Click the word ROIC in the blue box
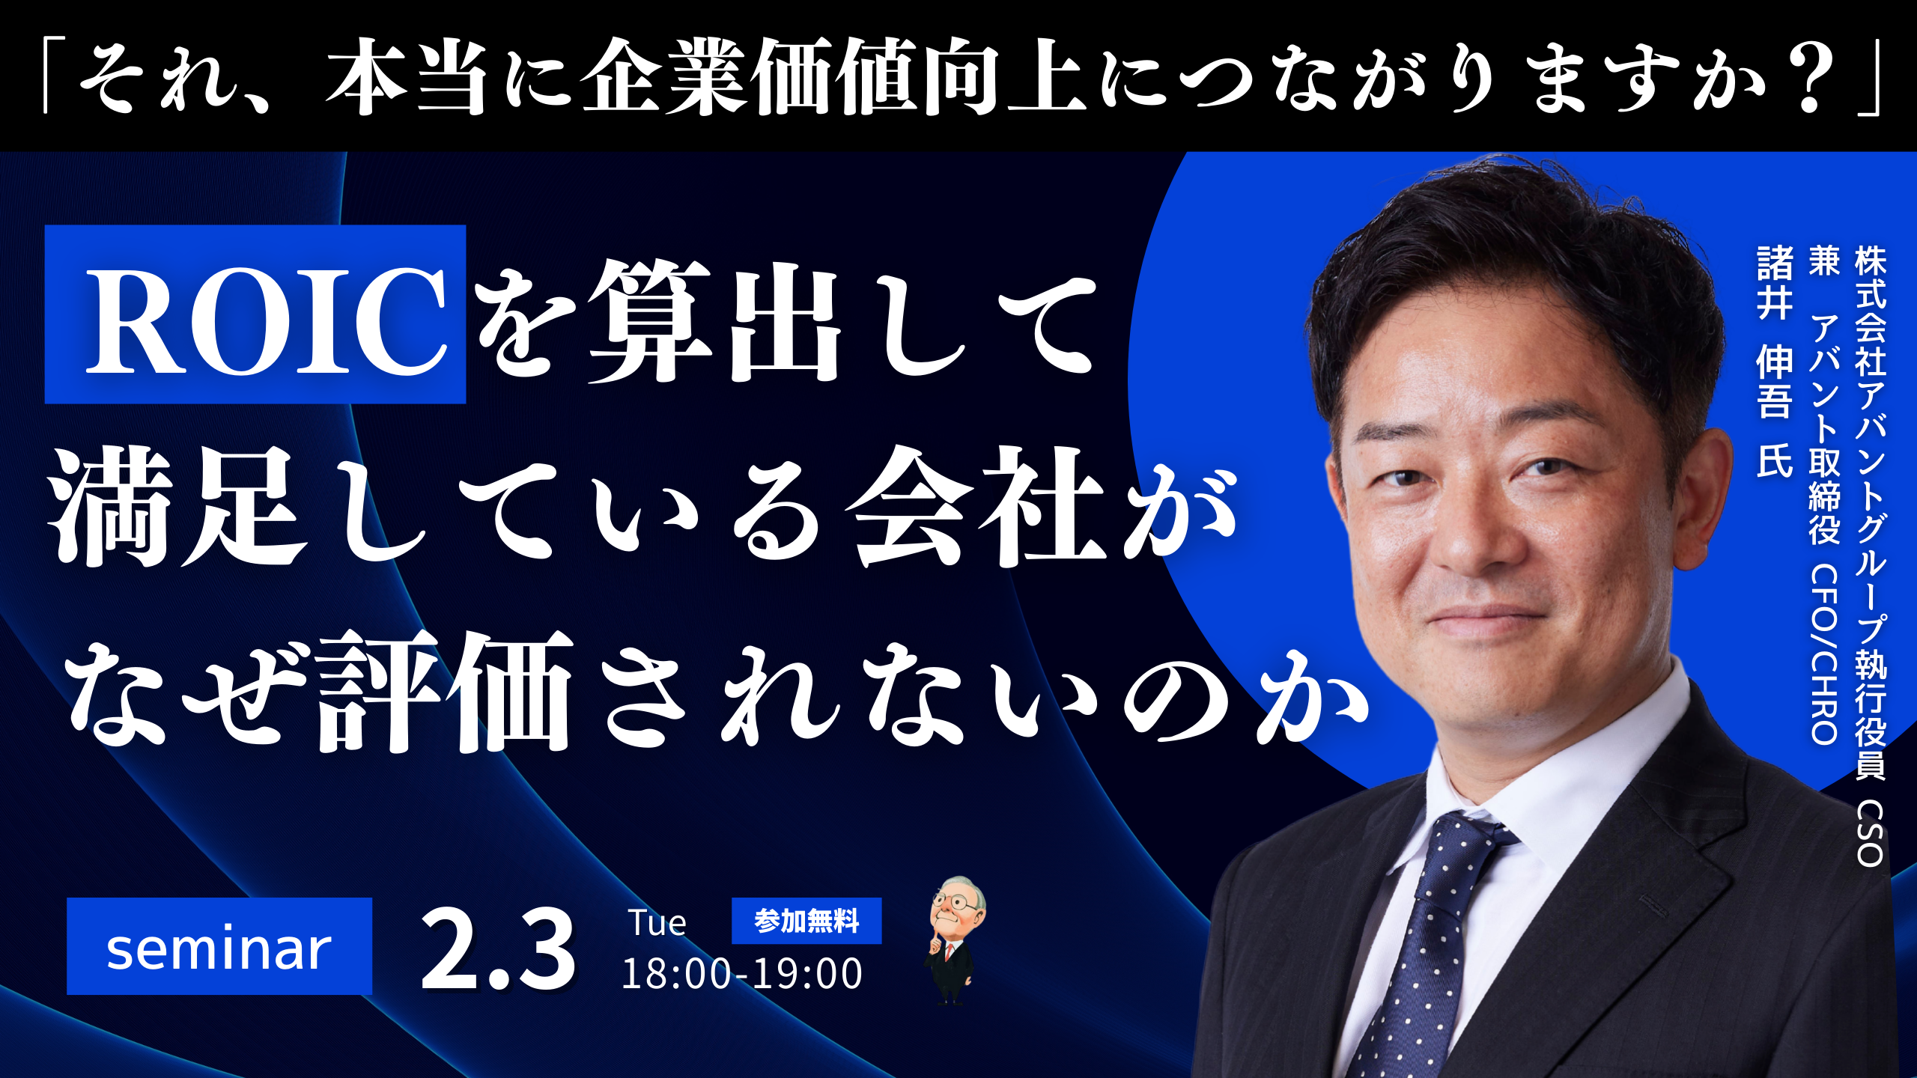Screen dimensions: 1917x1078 [x=267, y=321]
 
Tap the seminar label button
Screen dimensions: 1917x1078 [x=219, y=946]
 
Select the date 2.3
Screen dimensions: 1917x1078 [x=498, y=950]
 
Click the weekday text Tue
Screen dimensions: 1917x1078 [x=657, y=923]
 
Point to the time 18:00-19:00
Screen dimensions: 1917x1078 [x=742, y=974]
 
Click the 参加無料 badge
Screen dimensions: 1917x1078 [x=806, y=921]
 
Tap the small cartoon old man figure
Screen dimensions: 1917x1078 [x=953, y=940]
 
